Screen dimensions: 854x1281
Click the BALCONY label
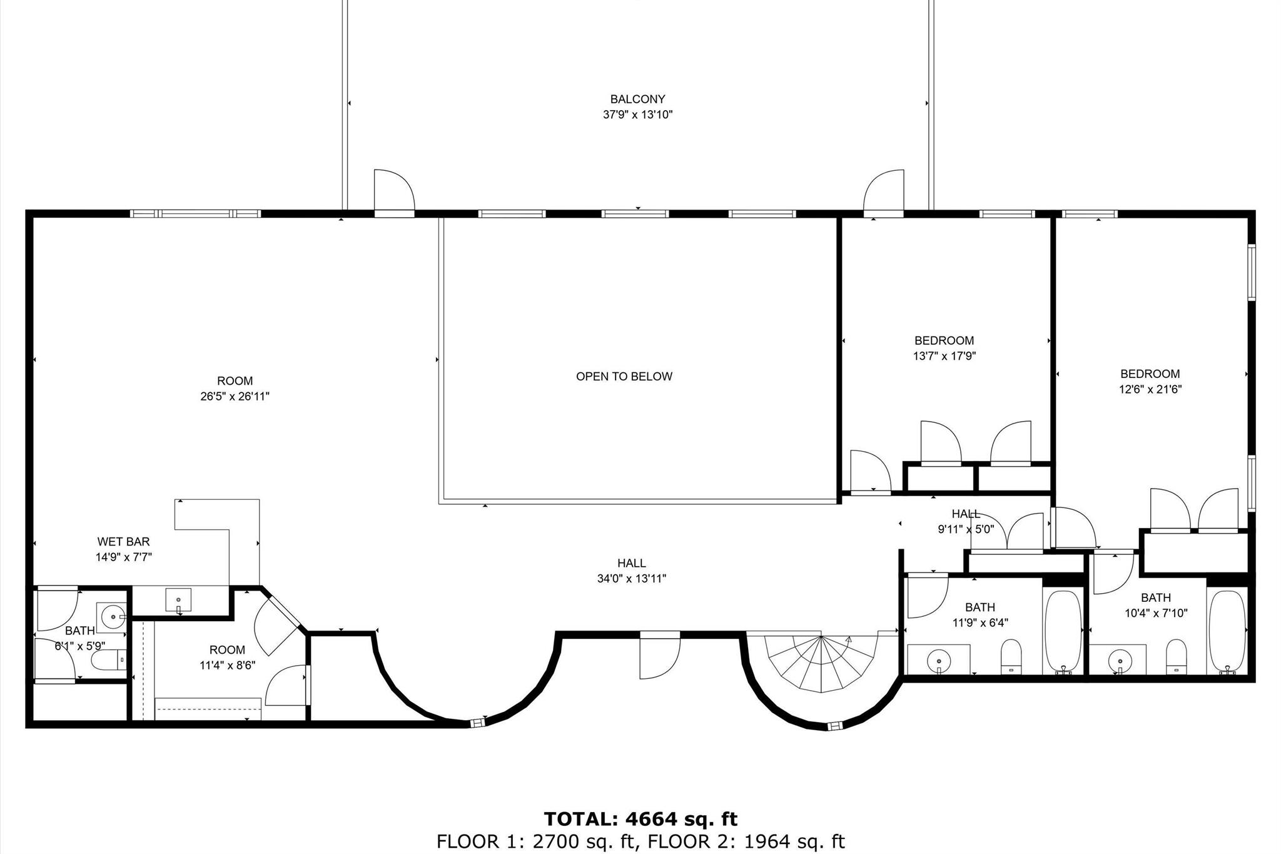637,99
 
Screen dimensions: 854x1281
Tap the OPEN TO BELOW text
624,377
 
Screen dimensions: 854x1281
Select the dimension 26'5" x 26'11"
235,397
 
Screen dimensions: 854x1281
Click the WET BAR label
123,542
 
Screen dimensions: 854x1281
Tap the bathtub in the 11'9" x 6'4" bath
1063,630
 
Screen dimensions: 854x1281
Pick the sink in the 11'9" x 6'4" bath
938,660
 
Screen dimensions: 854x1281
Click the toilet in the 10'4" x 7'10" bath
1176,655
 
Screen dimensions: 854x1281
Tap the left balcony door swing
394,190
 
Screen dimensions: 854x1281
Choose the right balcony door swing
884,190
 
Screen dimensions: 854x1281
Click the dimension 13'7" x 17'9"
944,357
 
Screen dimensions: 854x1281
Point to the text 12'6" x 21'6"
1150,390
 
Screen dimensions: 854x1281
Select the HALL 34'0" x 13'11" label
631,571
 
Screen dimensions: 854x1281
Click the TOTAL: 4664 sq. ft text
640,819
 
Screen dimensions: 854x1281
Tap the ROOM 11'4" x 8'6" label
227,658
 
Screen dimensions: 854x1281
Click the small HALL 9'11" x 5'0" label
965,521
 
